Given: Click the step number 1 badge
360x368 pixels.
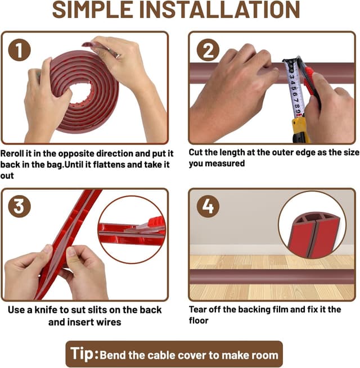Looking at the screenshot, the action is point(19,50).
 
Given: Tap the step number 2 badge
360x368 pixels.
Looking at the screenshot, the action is point(208,50).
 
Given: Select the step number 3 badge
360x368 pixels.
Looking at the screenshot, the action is point(19,206).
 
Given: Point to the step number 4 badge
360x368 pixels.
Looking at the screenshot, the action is point(208,206).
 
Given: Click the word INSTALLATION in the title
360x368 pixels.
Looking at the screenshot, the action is point(219,10).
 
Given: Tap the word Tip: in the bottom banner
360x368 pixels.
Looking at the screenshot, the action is point(84,354).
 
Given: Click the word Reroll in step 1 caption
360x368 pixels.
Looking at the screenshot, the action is point(12,153).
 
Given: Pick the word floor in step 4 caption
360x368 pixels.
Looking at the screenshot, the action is point(199,321).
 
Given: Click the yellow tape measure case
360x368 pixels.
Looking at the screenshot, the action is point(300,130).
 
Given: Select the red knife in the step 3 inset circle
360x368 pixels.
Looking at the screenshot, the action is point(150,225).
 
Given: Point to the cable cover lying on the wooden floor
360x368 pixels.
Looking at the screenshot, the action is point(272,276).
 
